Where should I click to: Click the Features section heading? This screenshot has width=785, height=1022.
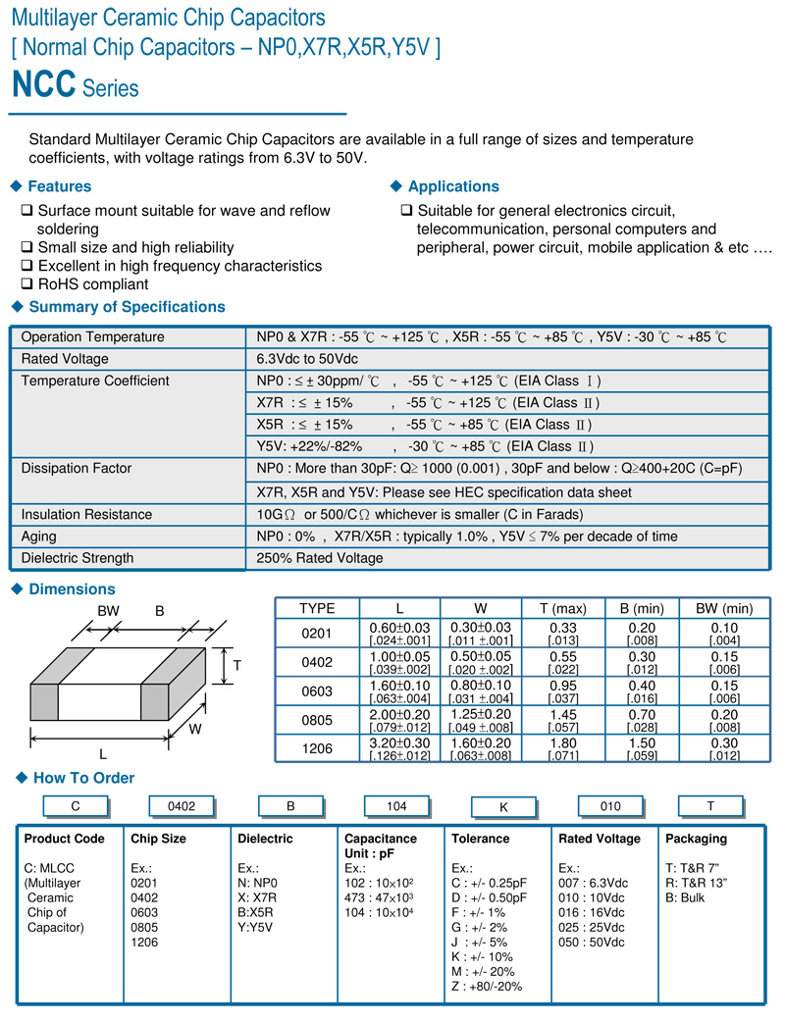point(59,186)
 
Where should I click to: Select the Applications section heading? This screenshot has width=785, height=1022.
point(453,186)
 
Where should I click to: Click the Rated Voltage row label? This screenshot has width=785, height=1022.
point(65,359)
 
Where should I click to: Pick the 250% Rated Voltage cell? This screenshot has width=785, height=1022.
point(320,558)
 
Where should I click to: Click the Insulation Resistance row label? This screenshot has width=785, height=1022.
point(86,514)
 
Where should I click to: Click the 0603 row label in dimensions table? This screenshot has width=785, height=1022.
point(317,690)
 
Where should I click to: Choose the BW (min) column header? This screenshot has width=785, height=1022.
point(724,608)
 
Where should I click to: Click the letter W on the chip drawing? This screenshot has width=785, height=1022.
point(195,730)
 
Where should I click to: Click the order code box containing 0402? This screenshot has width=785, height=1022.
point(182,806)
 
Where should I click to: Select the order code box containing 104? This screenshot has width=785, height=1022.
point(395,806)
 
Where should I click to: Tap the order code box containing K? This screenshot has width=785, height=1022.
point(503,807)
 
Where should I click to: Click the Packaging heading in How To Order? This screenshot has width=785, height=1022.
point(696,839)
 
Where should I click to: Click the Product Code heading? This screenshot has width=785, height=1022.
point(64,839)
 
